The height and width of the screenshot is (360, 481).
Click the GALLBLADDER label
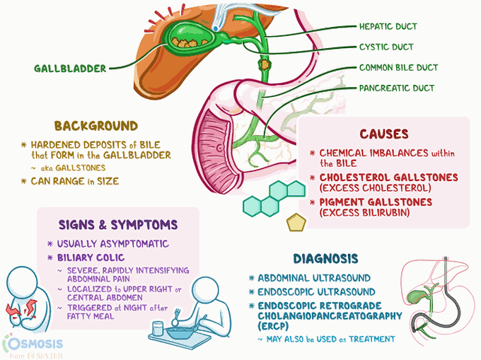point(69,69)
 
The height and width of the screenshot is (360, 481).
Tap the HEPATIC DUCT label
point(388,27)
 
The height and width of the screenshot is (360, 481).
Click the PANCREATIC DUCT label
point(396,88)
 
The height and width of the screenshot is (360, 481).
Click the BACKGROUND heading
point(95,126)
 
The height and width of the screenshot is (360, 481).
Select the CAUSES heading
point(384,134)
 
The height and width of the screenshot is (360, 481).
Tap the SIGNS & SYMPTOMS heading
point(118,225)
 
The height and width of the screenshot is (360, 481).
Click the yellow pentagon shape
point(296,222)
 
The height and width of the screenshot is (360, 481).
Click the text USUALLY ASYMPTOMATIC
point(108,243)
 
